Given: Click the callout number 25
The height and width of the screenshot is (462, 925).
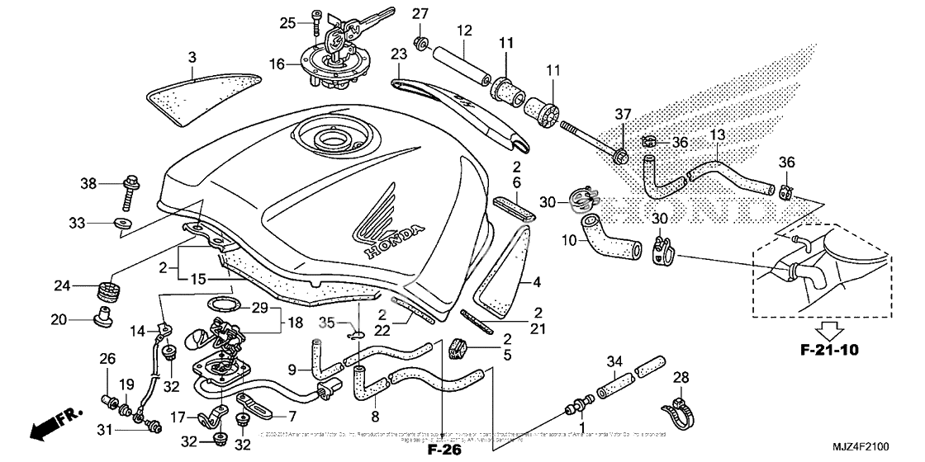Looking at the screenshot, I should (287, 22).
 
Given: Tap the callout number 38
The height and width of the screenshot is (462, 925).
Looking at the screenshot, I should (89, 182).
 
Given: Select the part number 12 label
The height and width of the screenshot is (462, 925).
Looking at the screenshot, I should (464, 31).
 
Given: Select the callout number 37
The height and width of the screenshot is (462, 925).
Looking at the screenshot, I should (621, 114).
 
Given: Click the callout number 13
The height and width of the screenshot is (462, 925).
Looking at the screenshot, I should (717, 134).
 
